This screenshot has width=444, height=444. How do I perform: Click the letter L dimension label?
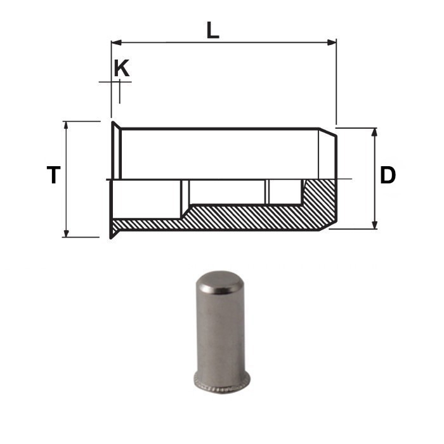coord(212,30)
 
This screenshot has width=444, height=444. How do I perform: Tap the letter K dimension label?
coord(122,69)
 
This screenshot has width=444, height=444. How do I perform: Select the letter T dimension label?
coord(54,175)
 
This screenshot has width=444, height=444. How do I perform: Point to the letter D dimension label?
coord(388,175)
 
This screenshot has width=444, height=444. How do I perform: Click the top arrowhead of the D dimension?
coord(375,132)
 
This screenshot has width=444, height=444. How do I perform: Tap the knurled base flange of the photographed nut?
coord(221,382)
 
